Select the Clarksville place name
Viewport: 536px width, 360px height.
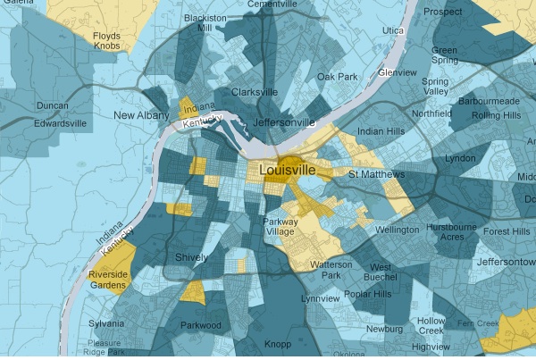click(x=254, y=92)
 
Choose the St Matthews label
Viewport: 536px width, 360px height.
click(x=377, y=173)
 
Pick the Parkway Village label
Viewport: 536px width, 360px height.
click(x=286, y=227)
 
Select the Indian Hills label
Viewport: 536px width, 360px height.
click(x=381, y=132)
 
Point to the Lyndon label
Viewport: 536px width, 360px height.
click(x=461, y=158)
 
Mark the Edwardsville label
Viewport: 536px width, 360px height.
click(x=60, y=122)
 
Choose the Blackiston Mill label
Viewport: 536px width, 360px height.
click(x=198, y=22)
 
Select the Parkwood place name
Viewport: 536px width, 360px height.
click(x=200, y=325)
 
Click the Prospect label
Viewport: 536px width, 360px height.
click(x=442, y=13)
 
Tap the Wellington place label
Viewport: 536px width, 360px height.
click(x=398, y=230)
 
